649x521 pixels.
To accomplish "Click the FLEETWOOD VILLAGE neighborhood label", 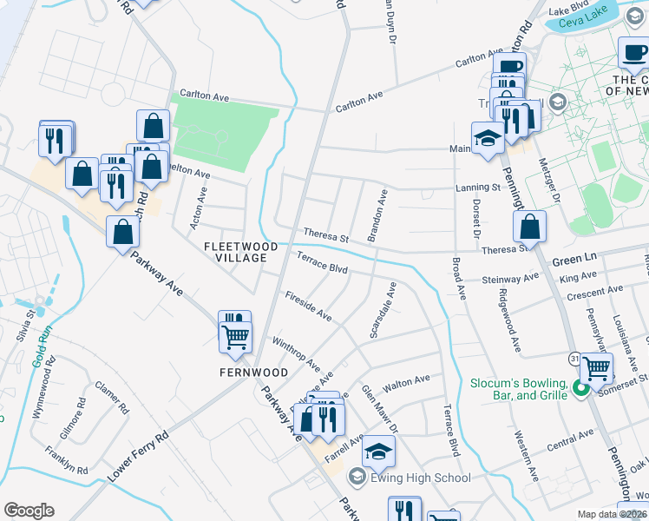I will point(240,253).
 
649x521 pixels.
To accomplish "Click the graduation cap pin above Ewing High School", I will point(377,452).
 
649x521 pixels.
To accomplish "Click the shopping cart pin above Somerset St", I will point(596,369).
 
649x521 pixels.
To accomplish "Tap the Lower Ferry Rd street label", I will point(138,458).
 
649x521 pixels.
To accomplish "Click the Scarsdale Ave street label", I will point(382,311).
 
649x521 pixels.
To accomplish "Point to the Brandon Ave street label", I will point(377,215).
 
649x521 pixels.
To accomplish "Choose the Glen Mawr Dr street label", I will point(378,407).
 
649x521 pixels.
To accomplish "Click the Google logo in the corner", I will point(29,511).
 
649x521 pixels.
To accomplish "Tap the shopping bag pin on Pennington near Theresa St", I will point(529,228).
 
